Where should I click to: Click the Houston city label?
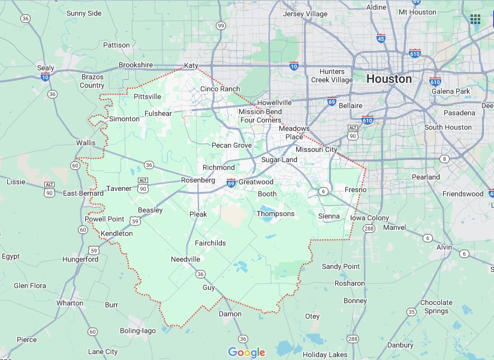388,79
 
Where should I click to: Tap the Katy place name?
191,65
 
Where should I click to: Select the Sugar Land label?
279,160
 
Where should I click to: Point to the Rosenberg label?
198,180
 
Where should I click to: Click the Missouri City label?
317,149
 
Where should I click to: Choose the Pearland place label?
426,177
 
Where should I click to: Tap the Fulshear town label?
158,113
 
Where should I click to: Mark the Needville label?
185,259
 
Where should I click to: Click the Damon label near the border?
230,314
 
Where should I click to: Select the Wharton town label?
70,303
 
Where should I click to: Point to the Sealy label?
46,68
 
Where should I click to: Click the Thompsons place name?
276,214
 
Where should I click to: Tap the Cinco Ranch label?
219,89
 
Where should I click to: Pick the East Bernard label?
83,193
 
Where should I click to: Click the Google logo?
246,352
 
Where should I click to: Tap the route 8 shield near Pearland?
444,159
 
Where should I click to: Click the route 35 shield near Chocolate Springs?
411,312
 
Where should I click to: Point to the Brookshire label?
135,65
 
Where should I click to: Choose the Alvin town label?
444,247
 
